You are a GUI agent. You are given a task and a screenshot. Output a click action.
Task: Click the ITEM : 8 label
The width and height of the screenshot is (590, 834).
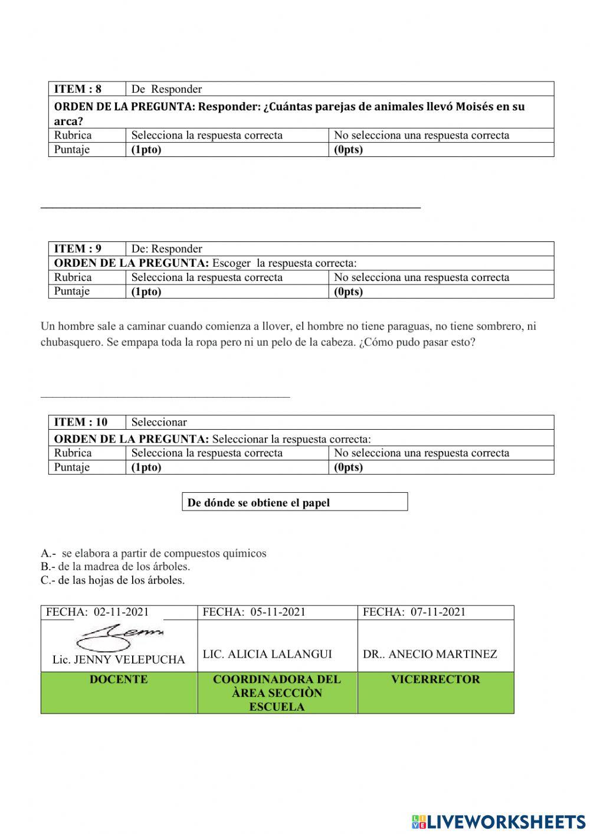[x=78, y=89]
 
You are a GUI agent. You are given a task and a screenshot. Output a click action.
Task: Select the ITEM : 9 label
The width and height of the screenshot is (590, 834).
[x=78, y=248]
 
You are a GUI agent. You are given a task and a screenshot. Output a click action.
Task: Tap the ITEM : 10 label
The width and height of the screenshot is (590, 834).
[x=81, y=422]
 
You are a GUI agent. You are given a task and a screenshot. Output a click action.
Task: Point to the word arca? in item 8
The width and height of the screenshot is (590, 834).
[x=68, y=121]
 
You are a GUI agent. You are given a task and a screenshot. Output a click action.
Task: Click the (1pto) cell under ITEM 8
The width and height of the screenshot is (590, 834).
[x=146, y=149]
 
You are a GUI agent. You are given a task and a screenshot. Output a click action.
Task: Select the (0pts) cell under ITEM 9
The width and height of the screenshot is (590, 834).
[x=349, y=292]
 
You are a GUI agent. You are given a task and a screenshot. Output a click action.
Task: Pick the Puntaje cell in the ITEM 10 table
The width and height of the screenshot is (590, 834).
[x=72, y=467]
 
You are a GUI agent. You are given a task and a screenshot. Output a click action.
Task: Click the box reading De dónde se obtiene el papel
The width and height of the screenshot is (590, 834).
[x=294, y=502]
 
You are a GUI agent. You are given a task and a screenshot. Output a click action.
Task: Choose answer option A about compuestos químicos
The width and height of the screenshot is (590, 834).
[x=154, y=553]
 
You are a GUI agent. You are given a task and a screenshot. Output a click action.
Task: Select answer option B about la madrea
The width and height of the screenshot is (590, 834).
[x=116, y=567]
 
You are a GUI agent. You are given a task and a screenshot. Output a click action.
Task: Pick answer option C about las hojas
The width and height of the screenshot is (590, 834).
[x=113, y=580]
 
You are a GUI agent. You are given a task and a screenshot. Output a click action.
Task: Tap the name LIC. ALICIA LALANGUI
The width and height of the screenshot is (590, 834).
[x=267, y=654]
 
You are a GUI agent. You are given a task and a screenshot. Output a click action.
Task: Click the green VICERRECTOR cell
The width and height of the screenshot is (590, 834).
[x=435, y=679]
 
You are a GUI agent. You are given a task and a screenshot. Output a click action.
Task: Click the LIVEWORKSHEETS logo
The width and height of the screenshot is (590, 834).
[x=499, y=821]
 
